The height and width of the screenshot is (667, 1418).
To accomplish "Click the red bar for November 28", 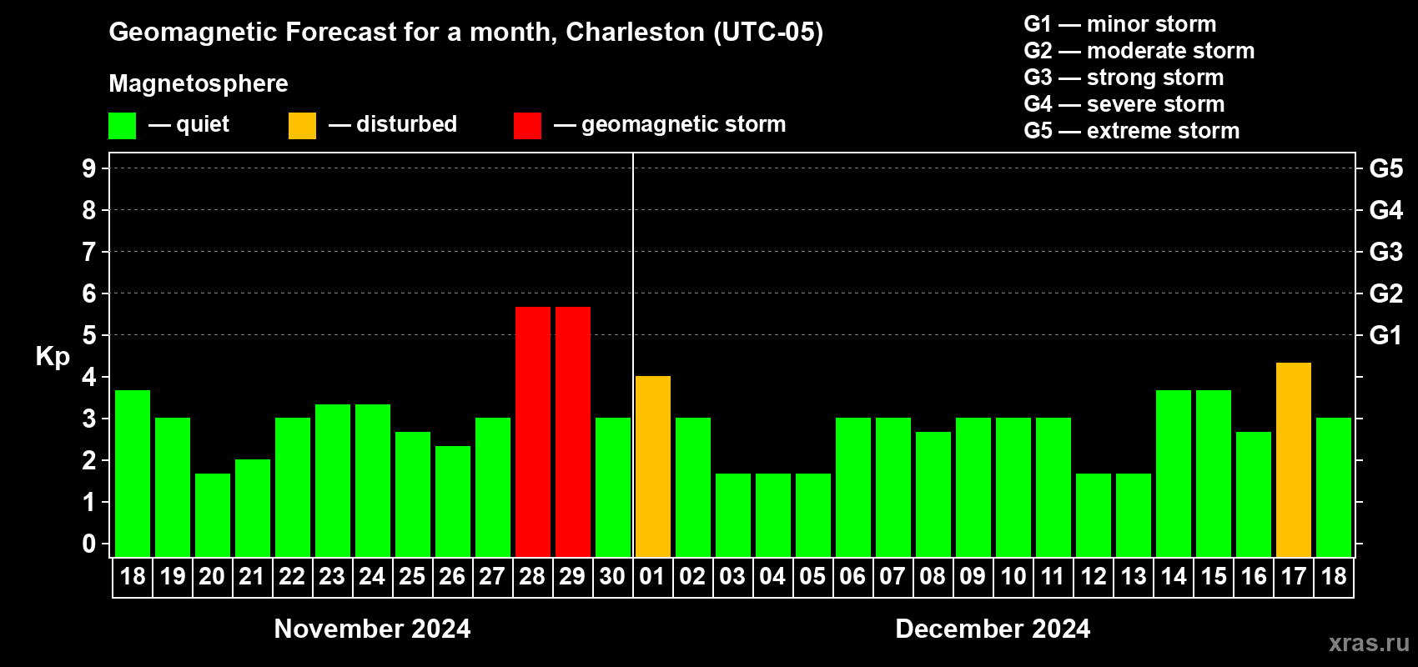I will point(532,432).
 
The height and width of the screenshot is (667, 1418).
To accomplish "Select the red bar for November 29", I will point(572,432).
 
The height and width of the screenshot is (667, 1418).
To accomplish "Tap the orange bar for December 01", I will point(652,466).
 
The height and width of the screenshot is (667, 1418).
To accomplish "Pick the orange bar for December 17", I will point(1293,459).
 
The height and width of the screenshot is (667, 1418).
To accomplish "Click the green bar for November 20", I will point(212,514).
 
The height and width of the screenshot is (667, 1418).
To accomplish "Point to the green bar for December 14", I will point(1173,473).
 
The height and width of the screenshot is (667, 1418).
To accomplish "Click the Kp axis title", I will point(53,356).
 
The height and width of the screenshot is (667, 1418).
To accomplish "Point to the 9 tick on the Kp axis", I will point(88,168).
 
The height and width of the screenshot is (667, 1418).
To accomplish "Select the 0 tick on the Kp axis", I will point(88,544).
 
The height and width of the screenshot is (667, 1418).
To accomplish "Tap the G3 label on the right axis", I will point(1385,252).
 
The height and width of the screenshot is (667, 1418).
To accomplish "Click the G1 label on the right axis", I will point(1385,335).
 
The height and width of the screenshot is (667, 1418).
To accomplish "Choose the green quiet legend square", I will point(122,126).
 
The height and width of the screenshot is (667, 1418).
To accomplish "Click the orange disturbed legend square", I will point(302,126).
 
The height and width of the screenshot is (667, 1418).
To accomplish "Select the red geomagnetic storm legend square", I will point(527,126).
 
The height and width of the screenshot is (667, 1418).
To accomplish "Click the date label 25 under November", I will point(412,576).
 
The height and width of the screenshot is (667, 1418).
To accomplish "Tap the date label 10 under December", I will point(1013,576).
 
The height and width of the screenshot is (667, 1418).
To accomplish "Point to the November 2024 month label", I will point(372,629).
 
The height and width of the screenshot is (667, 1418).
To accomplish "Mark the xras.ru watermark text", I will point(1368,642).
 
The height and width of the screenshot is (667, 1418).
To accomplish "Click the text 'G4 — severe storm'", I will point(1124,104).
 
